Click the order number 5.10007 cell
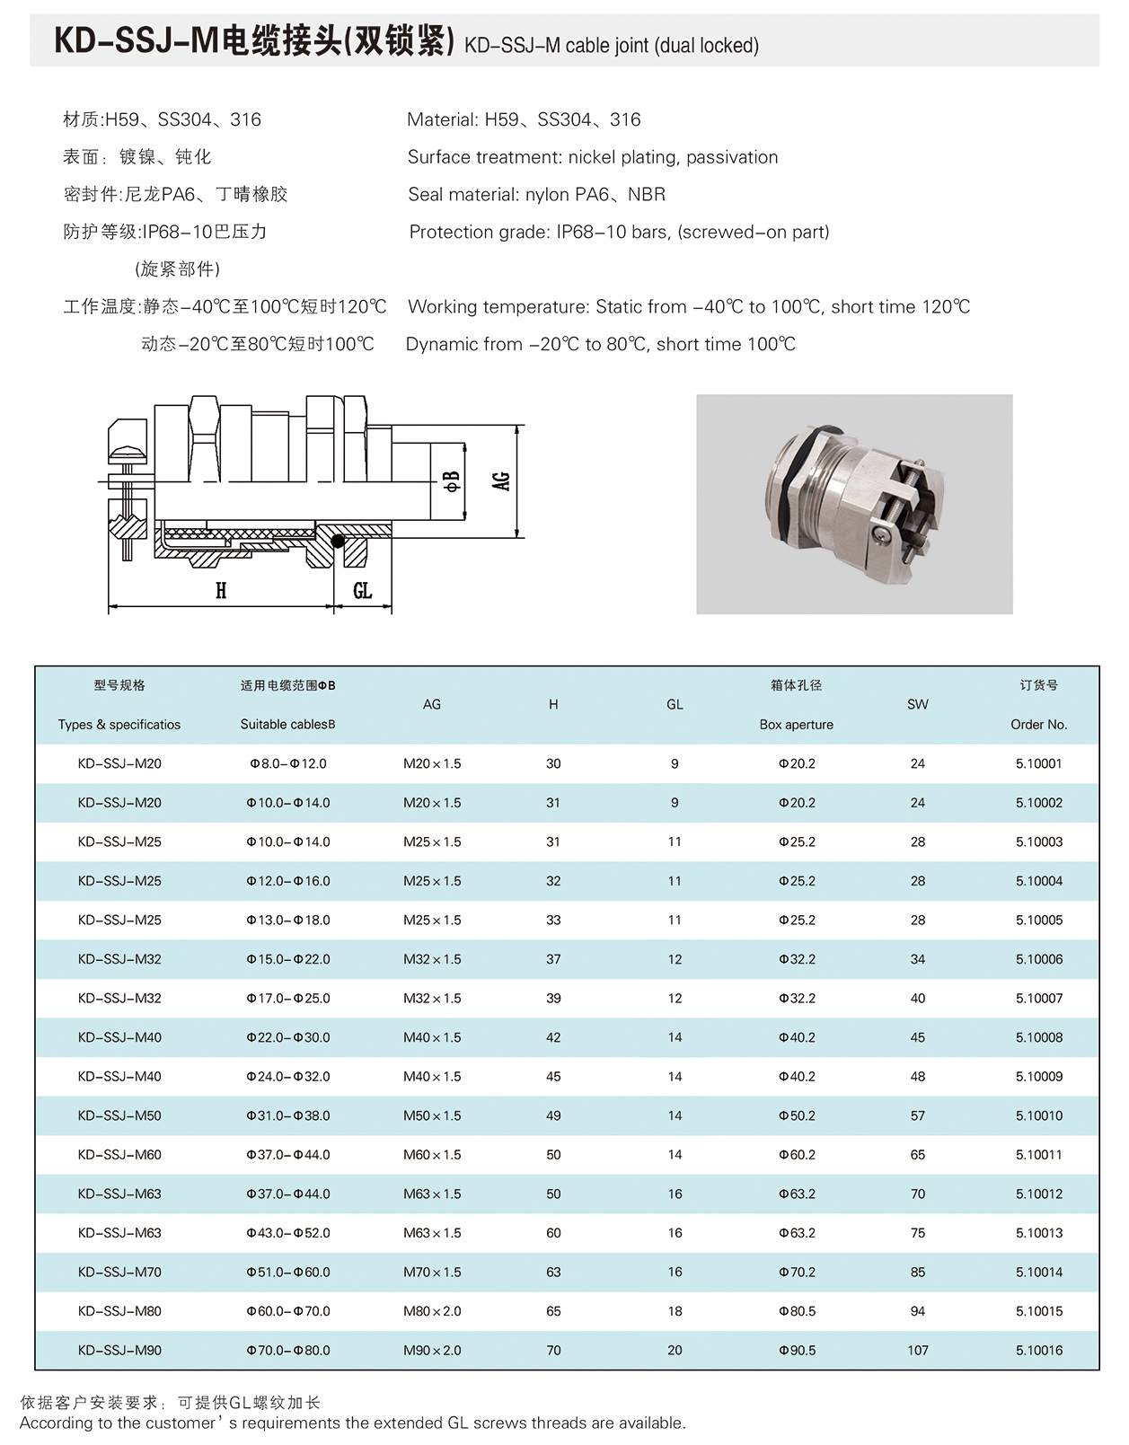pos(1038,998)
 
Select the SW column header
pos(917,704)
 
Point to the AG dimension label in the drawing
pos(501,481)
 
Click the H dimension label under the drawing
pos(221,590)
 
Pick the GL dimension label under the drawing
pos(362,590)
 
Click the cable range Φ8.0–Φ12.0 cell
pos(287,763)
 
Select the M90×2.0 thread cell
pos(432,1350)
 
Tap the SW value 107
pos(917,1350)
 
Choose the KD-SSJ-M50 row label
pos(119,1115)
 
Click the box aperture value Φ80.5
pos(797,1311)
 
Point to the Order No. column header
pos(1038,724)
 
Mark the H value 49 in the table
pos(553,1115)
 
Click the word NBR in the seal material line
pos(647,194)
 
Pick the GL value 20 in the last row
pos(675,1350)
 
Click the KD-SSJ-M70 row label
pos(119,1272)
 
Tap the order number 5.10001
pos(1038,763)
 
